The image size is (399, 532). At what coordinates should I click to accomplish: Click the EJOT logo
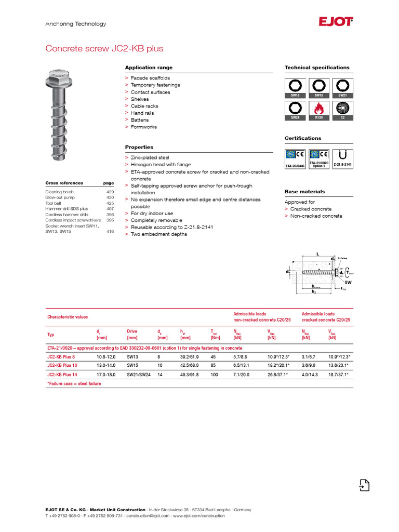(336, 22)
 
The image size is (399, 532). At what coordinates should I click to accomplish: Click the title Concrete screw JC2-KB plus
(104, 49)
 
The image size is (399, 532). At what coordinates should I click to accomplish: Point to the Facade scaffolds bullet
(150, 78)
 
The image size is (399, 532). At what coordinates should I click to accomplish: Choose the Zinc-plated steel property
(150, 157)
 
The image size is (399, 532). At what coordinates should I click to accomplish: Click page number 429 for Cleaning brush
(110, 192)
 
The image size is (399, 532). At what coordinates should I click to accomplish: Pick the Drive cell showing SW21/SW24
(138, 375)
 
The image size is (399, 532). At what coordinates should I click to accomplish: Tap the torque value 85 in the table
(213, 366)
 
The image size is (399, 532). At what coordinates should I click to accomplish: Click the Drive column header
(132, 330)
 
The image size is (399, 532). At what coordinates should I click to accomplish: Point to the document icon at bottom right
(364, 485)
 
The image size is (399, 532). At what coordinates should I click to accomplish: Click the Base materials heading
(304, 192)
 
